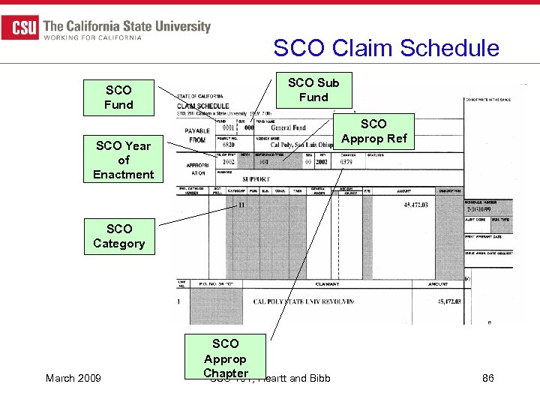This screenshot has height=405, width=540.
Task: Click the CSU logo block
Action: click(x=20, y=28)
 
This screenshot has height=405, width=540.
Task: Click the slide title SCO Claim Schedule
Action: click(x=385, y=48)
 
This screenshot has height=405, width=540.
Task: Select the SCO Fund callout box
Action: click(x=118, y=97)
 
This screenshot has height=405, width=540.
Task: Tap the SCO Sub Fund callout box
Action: click(x=313, y=90)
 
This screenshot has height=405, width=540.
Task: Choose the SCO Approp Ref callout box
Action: click(x=373, y=131)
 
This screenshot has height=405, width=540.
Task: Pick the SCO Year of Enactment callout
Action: click(x=123, y=160)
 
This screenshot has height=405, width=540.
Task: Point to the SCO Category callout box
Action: click(x=118, y=236)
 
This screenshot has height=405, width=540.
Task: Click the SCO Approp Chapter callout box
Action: click(x=225, y=358)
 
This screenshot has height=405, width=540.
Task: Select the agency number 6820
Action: click(x=227, y=145)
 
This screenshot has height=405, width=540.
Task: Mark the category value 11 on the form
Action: click(x=241, y=205)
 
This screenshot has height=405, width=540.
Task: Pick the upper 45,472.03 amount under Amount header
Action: click(x=413, y=205)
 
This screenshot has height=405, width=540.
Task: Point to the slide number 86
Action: click(x=487, y=378)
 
